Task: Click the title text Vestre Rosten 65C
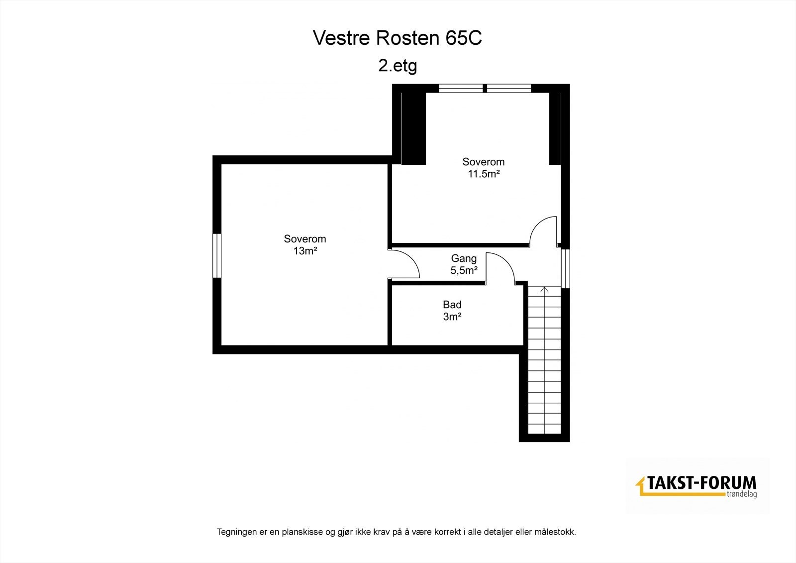pos(397,38)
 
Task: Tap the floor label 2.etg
pos(397,66)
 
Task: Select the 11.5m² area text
pos(483,174)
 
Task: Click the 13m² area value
pos(305,251)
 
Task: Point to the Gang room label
pos(464,258)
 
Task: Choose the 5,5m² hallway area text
pos(464,271)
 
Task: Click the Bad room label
pos(452,305)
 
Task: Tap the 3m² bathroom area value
pos(452,317)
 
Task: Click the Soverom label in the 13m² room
pos(305,239)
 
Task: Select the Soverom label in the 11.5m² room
pos(483,162)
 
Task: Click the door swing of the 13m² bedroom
pos(406,264)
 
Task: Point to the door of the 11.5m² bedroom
pos(544,230)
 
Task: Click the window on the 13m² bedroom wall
pos(216,255)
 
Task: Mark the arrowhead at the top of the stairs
pos(544,289)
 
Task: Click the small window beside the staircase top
pos(566,268)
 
